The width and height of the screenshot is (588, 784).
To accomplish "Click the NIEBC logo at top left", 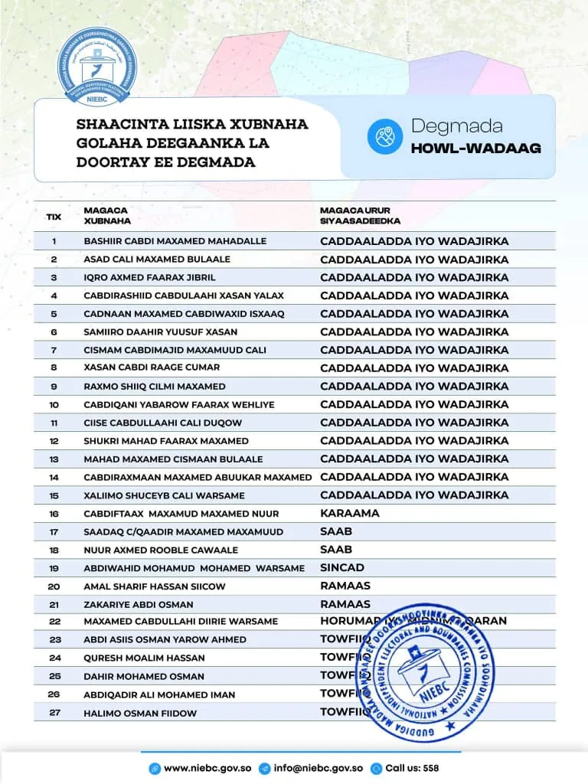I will [x=94, y=69].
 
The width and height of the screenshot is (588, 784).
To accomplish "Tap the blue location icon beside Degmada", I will [x=384, y=136].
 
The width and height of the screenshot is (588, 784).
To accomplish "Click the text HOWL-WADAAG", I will [x=475, y=149].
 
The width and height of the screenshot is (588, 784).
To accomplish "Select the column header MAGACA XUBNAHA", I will [x=107, y=215].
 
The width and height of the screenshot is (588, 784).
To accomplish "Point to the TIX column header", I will [x=54, y=216].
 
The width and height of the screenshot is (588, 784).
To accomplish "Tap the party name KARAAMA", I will [x=349, y=513].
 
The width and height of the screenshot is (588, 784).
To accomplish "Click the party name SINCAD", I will [x=342, y=568].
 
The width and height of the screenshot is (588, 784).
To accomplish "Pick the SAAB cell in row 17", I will [x=336, y=531].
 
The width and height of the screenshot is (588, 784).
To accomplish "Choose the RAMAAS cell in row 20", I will [x=345, y=586].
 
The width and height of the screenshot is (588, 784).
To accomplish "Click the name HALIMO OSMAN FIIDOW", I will [x=140, y=713].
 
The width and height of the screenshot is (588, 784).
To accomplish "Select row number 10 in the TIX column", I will [x=54, y=404].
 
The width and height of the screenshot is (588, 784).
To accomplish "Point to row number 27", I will [x=54, y=713].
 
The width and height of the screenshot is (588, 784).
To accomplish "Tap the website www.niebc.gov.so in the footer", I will [x=207, y=768].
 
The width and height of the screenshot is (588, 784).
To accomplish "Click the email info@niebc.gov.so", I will [x=318, y=768].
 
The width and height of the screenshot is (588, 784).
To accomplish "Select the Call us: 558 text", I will [x=412, y=768].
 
